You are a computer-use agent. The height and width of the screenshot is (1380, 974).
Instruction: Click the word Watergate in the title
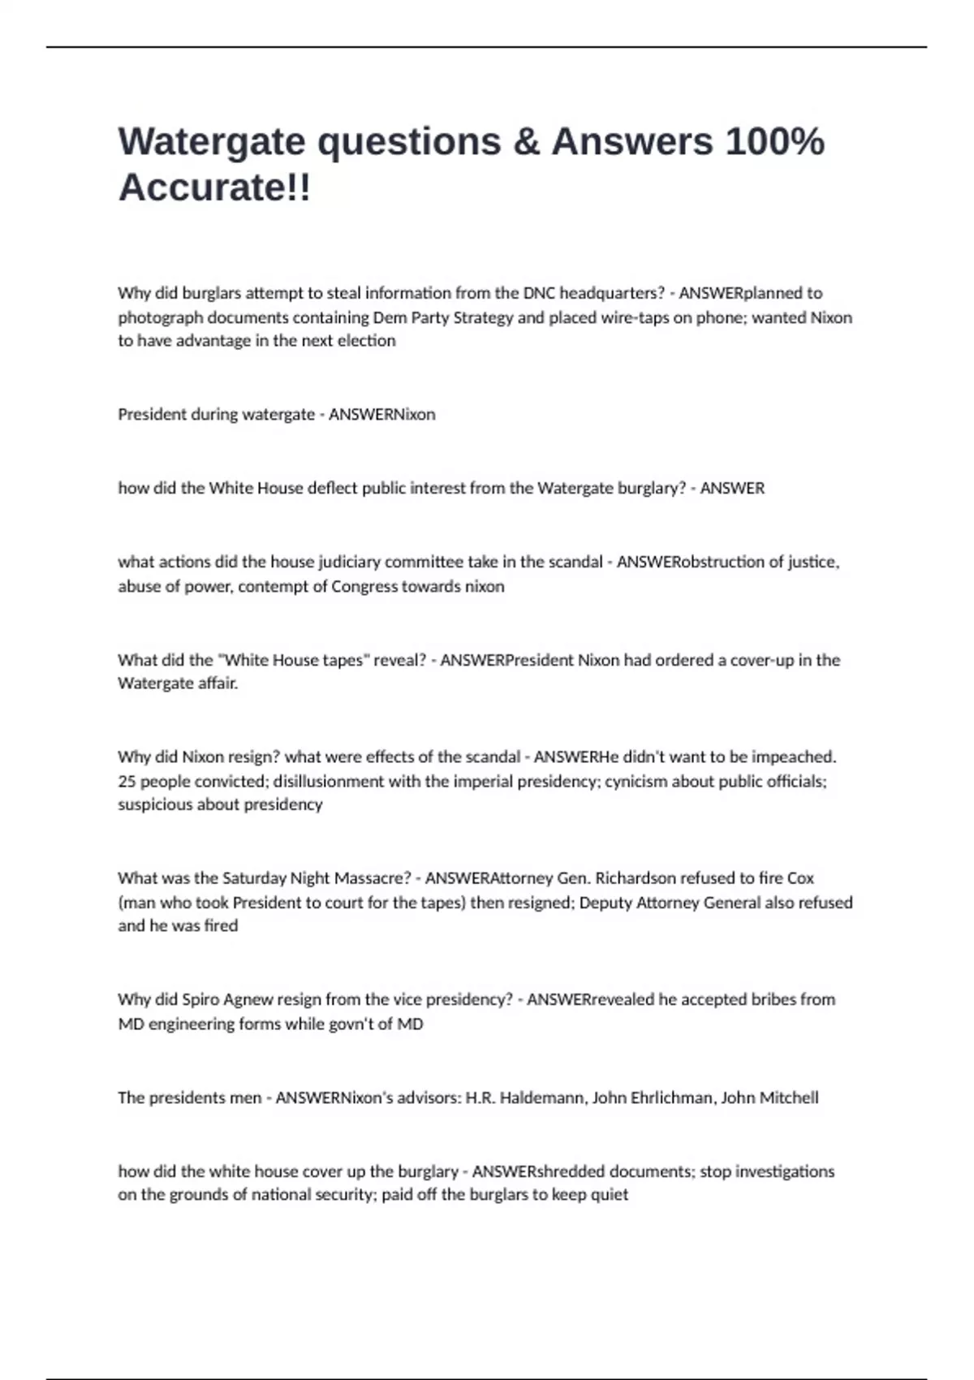[x=211, y=141]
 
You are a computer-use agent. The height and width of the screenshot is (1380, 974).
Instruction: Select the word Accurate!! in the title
[x=214, y=188]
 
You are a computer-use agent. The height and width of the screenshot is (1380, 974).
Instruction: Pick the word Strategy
[x=483, y=317]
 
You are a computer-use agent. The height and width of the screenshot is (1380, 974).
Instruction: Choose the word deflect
[x=333, y=488]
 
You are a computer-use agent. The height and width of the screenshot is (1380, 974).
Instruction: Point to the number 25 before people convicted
[x=127, y=781]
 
